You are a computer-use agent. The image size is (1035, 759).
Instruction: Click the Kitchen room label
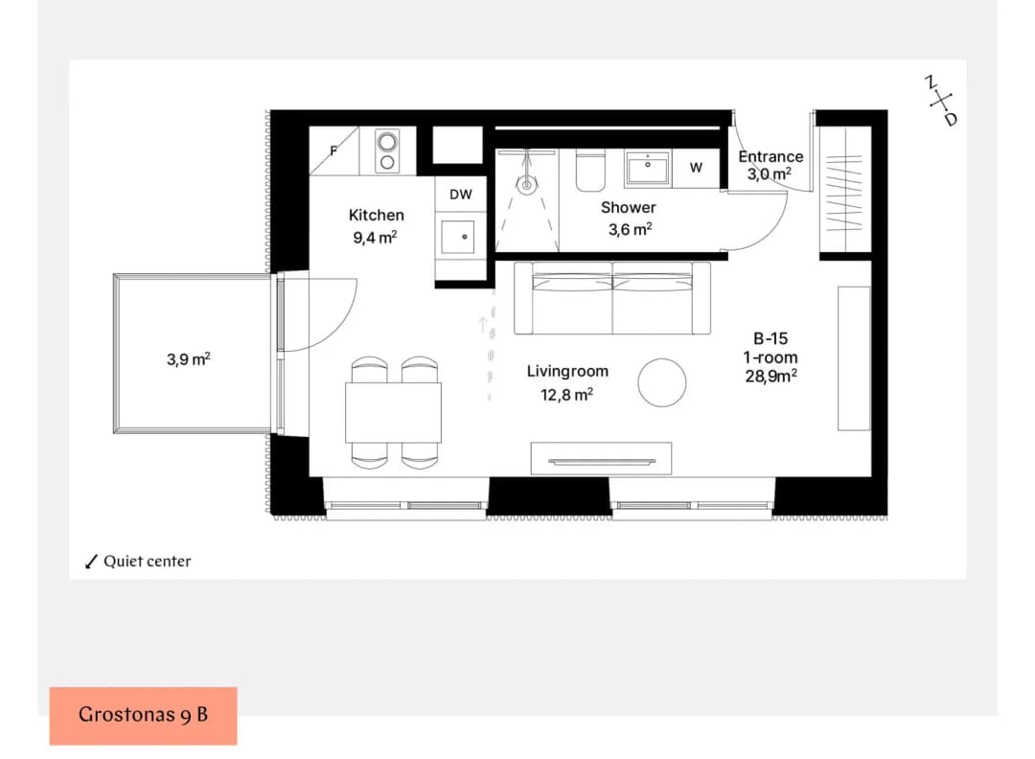coord(377,216)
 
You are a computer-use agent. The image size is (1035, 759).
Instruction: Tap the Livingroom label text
coord(567,372)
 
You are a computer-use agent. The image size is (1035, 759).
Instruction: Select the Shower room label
coord(629,207)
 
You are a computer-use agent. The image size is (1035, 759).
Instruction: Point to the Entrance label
coord(770,156)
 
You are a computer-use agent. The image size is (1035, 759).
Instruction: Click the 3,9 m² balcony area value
coord(189,359)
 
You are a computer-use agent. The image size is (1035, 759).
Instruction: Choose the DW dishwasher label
coord(461,195)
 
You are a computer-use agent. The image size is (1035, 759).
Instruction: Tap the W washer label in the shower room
coord(697,168)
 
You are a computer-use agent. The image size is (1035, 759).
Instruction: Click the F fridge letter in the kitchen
coord(333,151)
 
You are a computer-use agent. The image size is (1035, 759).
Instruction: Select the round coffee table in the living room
coord(662,382)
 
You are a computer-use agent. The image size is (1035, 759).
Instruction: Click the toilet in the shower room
coord(590,171)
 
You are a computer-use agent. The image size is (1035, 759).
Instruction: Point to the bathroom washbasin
coord(648,168)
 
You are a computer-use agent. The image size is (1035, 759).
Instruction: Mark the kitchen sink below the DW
coord(458,237)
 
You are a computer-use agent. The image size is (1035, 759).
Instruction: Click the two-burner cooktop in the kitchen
coord(387,151)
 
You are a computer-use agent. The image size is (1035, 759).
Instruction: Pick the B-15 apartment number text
coord(770,338)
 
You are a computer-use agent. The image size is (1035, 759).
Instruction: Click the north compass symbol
coord(941,101)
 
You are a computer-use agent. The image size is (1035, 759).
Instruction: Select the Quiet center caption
coord(148,561)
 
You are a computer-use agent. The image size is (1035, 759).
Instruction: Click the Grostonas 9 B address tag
coord(143,716)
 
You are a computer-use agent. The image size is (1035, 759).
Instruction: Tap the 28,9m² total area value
coord(770,377)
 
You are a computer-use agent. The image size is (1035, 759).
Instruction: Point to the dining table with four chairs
coord(394,412)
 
